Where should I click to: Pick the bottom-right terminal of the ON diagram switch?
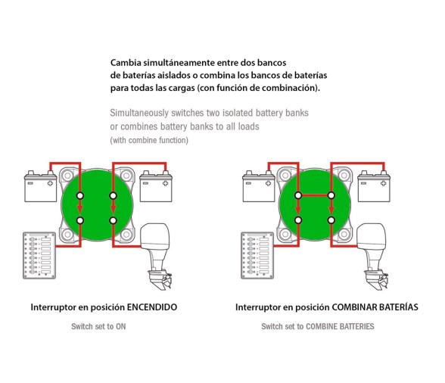[x=113, y=221]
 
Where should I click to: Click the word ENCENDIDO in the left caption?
[x=154, y=308]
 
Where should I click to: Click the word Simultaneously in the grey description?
[x=145, y=113]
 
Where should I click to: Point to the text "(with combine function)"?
[x=149, y=141]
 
